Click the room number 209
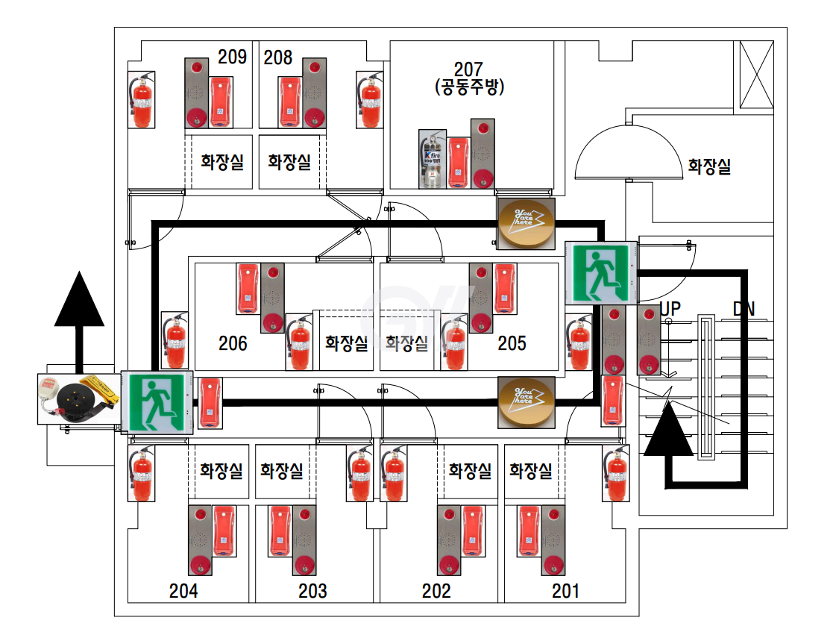(x=232, y=57)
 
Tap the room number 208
(x=278, y=57)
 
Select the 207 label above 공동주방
(x=468, y=69)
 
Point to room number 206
(x=233, y=343)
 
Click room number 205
(x=512, y=343)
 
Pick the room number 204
(x=183, y=591)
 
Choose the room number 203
(x=312, y=591)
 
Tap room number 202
(x=436, y=591)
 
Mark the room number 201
(x=565, y=591)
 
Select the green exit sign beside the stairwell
(x=600, y=272)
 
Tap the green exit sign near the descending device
(x=157, y=402)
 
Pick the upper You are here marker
(x=526, y=223)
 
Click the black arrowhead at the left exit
(x=79, y=299)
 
